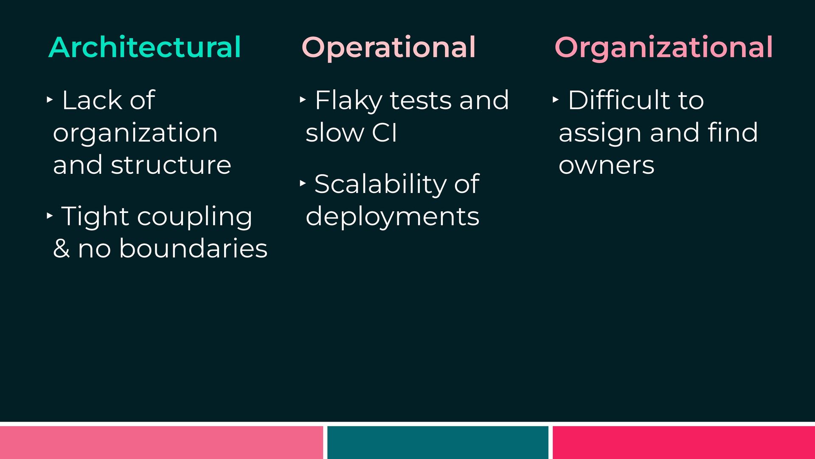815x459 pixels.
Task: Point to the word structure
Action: coord(171,165)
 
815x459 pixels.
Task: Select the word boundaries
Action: coord(193,248)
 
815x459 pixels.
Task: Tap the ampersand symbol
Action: coord(62,249)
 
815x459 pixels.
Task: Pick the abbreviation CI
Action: coord(385,133)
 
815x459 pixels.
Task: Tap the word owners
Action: coord(607,166)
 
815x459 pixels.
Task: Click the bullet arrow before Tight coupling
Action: coord(50,216)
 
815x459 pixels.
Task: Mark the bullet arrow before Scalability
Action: coord(303,184)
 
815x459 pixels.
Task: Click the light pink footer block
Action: coord(161,442)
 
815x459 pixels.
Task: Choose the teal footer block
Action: coord(438,442)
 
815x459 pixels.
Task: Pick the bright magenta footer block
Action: coord(684,442)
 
